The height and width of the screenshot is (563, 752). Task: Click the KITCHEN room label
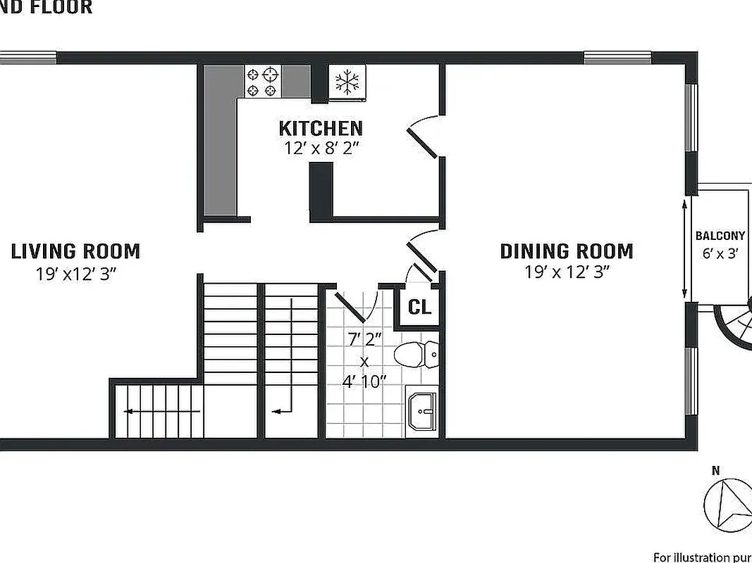click(x=321, y=128)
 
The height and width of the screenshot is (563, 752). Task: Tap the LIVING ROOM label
click(x=75, y=251)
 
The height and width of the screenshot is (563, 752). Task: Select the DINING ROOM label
click(x=567, y=251)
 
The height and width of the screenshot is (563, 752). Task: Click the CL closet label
click(x=419, y=307)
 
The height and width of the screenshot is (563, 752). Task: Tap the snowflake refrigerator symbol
click(x=346, y=82)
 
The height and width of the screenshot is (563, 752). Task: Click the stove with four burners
click(x=263, y=82)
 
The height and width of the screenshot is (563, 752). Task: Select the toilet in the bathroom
click(x=415, y=354)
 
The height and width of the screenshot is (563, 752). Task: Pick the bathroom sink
click(x=421, y=411)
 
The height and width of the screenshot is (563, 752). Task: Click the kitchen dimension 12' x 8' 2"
click(x=321, y=148)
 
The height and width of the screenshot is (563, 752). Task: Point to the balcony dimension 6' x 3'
click(x=720, y=253)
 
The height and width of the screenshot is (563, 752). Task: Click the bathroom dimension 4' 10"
click(x=364, y=382)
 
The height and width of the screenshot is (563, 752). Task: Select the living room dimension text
click(x=75, y=274)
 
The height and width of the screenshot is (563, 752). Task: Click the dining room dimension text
click(x=567, y=272)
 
